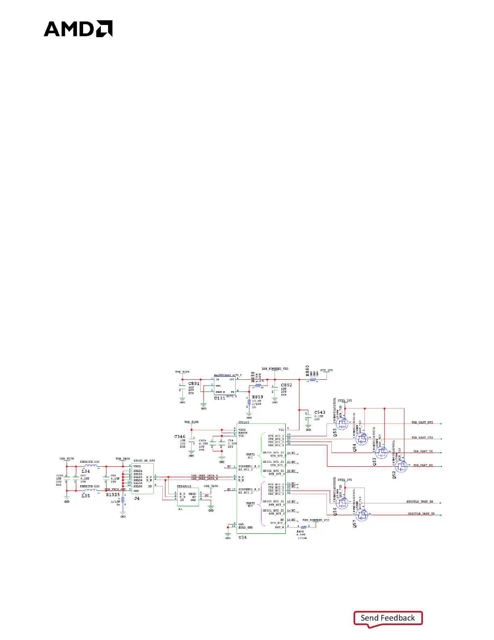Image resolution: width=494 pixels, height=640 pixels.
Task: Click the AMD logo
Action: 78,29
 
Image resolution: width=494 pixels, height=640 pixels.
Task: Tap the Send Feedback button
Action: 388,618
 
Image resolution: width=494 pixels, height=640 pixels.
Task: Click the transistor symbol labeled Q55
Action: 342,423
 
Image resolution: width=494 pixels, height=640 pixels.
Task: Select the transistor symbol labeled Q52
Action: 401,466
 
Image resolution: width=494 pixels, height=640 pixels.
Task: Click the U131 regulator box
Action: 225,386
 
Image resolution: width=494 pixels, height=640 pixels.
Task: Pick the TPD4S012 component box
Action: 188,497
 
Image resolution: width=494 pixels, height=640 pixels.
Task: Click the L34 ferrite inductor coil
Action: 91,466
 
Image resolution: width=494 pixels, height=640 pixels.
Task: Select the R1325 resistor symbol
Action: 123,500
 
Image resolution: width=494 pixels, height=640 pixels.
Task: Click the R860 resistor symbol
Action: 313,380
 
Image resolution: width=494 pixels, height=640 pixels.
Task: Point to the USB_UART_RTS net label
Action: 422,423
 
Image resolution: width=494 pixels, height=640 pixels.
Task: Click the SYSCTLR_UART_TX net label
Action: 421,514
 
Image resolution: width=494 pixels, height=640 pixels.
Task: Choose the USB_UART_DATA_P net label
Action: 204,476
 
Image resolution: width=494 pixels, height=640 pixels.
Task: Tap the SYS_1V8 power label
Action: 327,370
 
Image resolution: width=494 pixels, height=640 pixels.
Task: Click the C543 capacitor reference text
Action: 320,413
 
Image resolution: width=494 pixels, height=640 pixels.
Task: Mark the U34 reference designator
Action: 242,537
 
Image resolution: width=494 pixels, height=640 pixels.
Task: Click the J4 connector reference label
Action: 137,499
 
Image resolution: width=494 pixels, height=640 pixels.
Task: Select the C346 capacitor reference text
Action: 180,437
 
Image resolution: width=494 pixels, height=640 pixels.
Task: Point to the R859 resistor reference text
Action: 257,397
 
